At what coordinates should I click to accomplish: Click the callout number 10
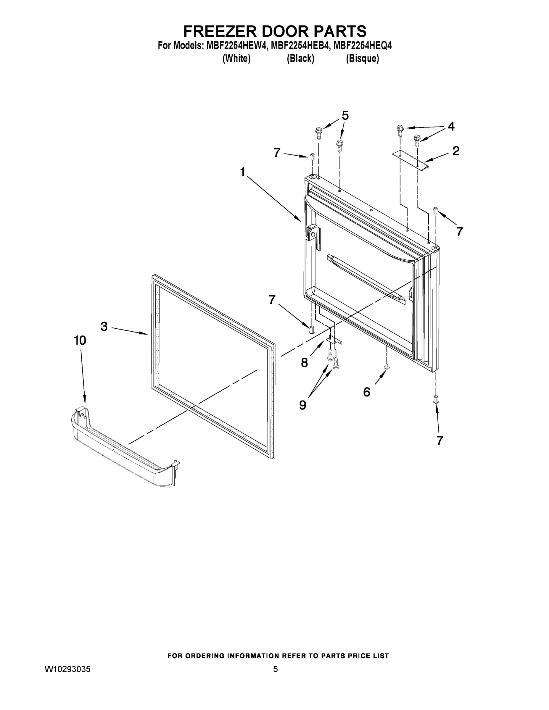point(80,341)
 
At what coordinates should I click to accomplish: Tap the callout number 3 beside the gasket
point(104,326)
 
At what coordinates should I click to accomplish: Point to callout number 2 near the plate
point(456,151)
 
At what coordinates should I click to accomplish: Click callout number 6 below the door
point(366,392)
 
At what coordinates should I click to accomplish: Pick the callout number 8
point(304,362)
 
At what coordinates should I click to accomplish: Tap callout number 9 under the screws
point(302,405)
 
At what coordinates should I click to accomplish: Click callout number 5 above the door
point(345,115)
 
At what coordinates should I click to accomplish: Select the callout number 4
point(451,126)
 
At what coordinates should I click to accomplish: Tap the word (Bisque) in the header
point(362,59)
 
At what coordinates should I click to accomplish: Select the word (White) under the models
point(236,59)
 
